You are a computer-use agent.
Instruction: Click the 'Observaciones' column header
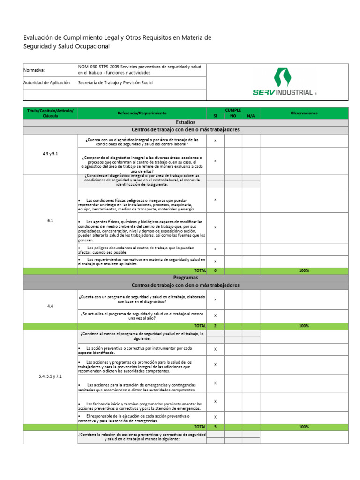[x=304, y=113]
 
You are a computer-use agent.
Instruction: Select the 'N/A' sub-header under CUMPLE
[x=251, y=116]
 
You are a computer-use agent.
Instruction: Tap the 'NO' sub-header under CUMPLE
[x=233, y=116]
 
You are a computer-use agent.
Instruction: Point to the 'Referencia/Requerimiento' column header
[x=142, y=113]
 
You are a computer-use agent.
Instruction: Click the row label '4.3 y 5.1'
[x=50, y=154]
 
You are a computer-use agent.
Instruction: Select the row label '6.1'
[x=50, y=221]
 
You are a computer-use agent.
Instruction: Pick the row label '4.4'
[x=50, y=306]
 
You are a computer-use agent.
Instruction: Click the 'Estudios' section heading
[x=186, y=122]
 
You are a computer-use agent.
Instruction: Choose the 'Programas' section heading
[x=186, y=278]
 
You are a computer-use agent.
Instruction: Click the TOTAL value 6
[x=215, y=271]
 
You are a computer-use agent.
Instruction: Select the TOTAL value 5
[x=215, y=427]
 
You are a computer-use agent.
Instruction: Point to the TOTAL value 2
[x=215, y=326]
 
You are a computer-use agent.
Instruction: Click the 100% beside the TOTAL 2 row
[x=304, y=326]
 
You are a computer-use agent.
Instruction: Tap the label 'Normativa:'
[x=34, y=70]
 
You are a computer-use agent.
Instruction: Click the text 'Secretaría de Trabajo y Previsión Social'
[x=115, y=83]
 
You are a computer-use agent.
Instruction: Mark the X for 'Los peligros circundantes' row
[x=215, y=249]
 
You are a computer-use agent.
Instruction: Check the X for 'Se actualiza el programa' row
[x=215, y=315]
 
